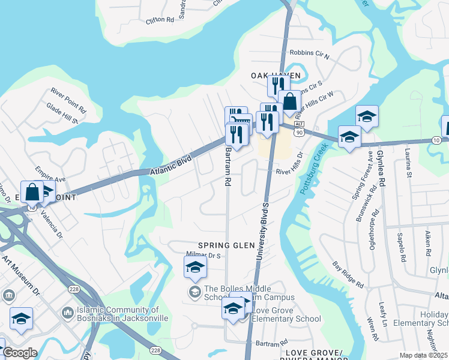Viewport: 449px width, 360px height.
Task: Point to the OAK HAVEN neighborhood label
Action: (x=275, y=75)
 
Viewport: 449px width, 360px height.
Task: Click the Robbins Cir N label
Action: (x=309, y=55)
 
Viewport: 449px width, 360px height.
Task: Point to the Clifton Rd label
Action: (x=160, y=20)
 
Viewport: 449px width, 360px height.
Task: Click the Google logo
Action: (x=21, y=353)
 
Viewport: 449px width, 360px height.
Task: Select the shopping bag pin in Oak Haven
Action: (x=289, y=102)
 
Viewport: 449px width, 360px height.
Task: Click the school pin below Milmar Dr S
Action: (x=195, y=267)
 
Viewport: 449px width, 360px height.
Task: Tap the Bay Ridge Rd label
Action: (x=348, y=275)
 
